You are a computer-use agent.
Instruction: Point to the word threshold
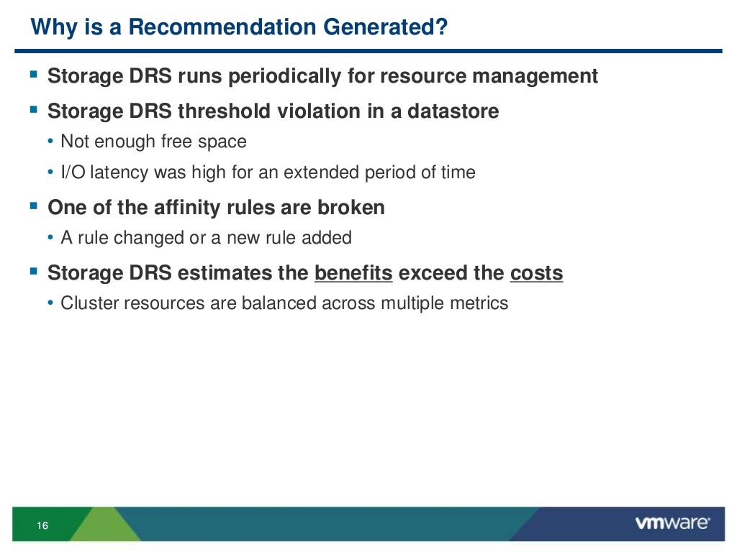pos(226,111)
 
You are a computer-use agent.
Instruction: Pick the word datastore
pos(453,111)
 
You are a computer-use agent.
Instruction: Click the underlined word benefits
pos(353,273)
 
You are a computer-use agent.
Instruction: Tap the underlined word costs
pos(536,273)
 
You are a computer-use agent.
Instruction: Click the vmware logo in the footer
pos(673,523)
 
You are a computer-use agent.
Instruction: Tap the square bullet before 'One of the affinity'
pos(33,207)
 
